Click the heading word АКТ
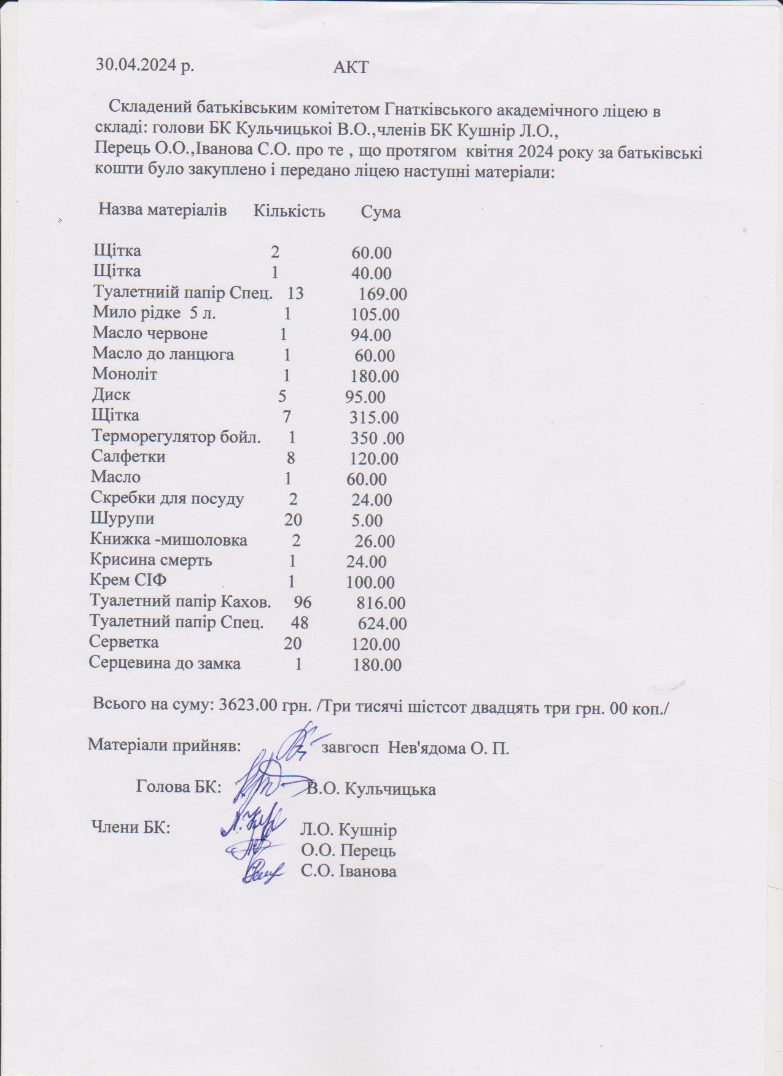(x=351, y=67)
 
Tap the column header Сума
(x=380, y=212)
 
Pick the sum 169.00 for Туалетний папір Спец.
(x=383, y=294)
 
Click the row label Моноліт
(x=125, y=374)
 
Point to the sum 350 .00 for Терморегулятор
(x=377, y=438)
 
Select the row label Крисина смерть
(x=151, y=560)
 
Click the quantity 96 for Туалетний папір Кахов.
(x=303, y=602)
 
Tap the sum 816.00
(x=381, y=603)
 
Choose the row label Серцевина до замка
(x=165, y=663)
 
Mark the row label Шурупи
(x=122, y=518)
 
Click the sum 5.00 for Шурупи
(x=367, y=521)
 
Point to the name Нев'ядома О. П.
(x=448, y=749)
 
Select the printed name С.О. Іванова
(x=348, y=871)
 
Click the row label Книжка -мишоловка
(x=168, y=540)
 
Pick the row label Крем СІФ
(x=128, y=580)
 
